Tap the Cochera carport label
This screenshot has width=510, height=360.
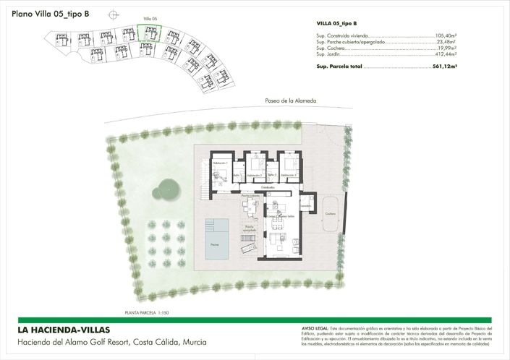coord(330,214)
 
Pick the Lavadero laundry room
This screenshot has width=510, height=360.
coord(307,205)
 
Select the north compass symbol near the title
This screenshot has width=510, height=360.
coord(111,14)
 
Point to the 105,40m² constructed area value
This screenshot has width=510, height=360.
coord(446,35)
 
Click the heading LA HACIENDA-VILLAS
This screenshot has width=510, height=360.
coord(64,330)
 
